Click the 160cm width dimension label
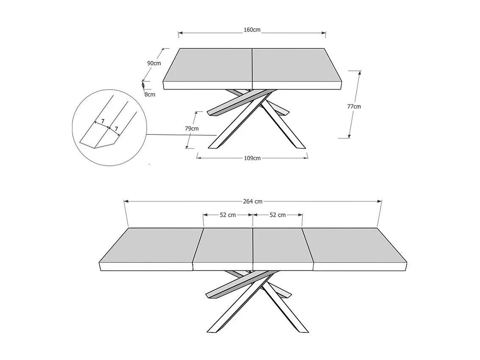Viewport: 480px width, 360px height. point(252,30)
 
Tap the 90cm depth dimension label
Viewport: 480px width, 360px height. point(154,63)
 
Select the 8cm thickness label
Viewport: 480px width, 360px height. point(150,95)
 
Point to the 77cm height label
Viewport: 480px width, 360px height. point(354,106)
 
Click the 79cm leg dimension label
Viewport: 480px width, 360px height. point(192,128)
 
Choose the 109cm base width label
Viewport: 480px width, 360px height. point(252,158)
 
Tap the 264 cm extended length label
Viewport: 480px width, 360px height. point(253,201)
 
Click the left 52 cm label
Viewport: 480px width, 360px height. point(228,215)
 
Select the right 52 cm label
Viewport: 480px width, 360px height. point(277,215)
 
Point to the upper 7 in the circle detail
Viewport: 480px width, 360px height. point(103,121)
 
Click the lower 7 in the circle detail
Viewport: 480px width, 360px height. point(117,128)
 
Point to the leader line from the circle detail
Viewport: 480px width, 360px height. point(182,135)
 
